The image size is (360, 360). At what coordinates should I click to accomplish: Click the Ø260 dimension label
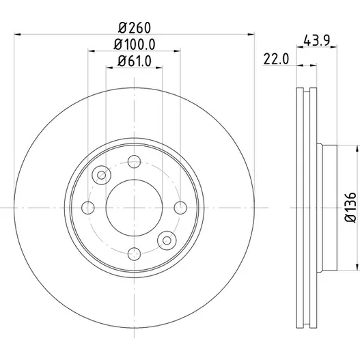pos(135,28)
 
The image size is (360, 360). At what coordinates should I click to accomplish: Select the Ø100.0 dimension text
pos(135,44)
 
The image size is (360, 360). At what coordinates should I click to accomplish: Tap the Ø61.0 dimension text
pos(135,61)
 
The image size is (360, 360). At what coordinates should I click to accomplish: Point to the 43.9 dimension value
pos(316,40)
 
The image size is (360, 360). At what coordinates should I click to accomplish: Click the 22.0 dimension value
pos(276,59)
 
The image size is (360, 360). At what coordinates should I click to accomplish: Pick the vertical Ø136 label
pos(350,208)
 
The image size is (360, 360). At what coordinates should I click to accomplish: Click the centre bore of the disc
pos(135,208)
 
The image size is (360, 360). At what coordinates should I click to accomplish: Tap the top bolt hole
pos(135,162)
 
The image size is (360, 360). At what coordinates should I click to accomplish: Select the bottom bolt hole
pos(135,254)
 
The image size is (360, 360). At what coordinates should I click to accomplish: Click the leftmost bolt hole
pos(88,208)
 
